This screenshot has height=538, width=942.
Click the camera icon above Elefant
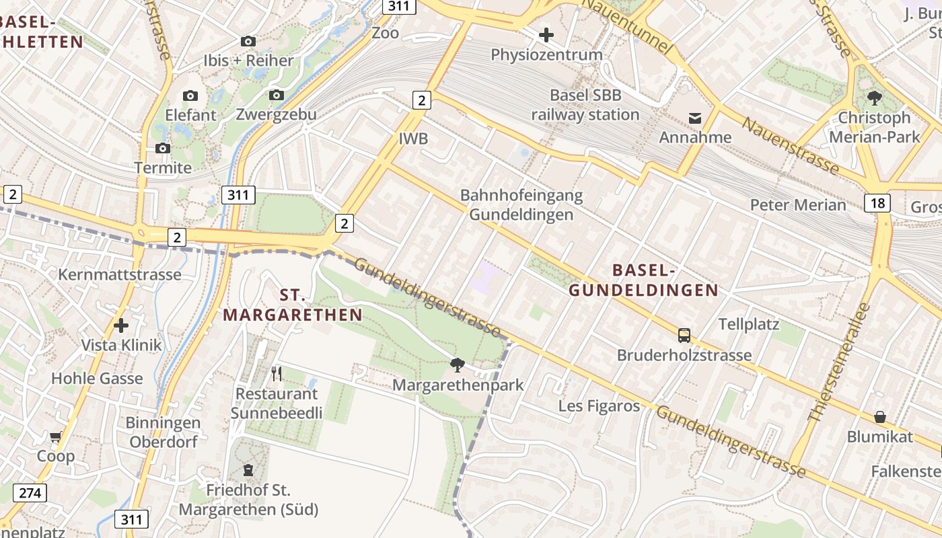pyautogui.click(x=190, y=95)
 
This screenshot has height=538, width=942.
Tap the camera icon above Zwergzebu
pyautogui.click(x=276, y=95)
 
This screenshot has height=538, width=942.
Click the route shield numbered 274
pyautogui.click(x=30, y=493)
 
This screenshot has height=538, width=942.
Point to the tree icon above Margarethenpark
pyautogui.click(x=458, y=365)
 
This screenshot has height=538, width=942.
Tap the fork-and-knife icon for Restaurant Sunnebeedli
pyautogui.click(x=276, y=373)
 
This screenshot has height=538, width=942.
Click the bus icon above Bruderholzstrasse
pyautogui.click(x=684, y=335)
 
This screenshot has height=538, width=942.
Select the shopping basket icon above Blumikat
pyautogui.click(x=879, y=417)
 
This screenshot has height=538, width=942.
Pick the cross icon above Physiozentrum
pyautogui.click(x=546, y=34)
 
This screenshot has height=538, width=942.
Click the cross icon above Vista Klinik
pyautogui.click(x=121, y=326)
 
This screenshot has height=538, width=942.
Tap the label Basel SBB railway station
pyautogui.click(x=585, y=105)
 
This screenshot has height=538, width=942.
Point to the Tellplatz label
pyautogui.click(x=749, y=324)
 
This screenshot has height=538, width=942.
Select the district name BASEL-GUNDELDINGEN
pyautogui.click(x=643, y=280)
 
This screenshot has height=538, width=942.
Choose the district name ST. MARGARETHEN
pyautogui.click(x=293, y=305)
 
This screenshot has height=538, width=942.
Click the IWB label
pyautogui.click(x=413, y=139)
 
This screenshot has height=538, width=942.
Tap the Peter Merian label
pyautogui.click(x=798, y=205)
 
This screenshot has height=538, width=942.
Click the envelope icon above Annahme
pyautogui.click(x=695, y=118)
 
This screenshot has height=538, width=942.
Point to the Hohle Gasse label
pyautogui.click(x=97, y=379)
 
